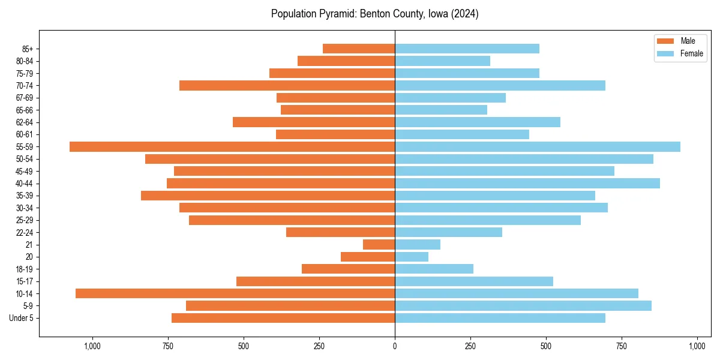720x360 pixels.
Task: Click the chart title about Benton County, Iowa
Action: (x=374, y=14)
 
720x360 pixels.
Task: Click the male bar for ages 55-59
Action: (x=232, y=146)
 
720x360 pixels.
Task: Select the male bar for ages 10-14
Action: (x=235, y=293)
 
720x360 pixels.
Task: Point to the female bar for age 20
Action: (x=412, y=257)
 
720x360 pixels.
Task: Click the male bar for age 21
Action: (x=379, y=244)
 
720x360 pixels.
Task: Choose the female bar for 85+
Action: (x=467, y=49)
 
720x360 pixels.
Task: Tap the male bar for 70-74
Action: (x=287, y=85)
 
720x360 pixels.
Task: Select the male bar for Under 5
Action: (x=283, y=318)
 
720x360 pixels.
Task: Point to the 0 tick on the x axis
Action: (x=395, y=346)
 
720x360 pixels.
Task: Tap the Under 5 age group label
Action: (x=21, y=318)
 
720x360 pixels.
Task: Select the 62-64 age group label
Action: (x=25, y=122)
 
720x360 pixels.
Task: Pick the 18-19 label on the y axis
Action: (x=25, y=269)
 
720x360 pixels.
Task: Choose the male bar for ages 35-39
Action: (x=268, y=196)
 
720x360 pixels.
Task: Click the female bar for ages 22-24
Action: (x=448, y=232)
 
